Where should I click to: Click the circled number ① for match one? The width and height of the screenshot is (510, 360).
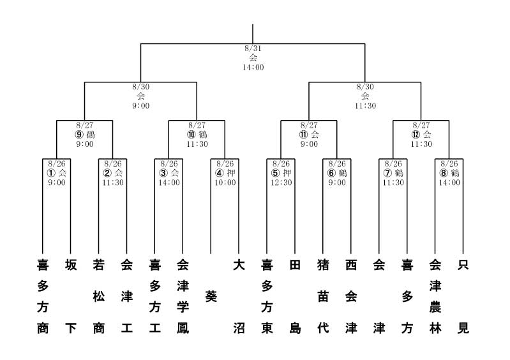point(51,173)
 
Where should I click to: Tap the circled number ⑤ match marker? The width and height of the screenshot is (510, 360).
point(276,173)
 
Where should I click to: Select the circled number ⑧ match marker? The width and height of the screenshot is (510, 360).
point(444,173)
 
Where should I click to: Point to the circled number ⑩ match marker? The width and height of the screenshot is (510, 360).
point(191,135)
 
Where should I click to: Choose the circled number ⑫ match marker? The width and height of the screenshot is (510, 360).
point(416,135)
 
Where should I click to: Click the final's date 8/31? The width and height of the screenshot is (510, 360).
point(253,49)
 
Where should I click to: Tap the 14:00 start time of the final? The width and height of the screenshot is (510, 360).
point(253,67)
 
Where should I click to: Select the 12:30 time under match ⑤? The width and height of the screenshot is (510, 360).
point(281,183)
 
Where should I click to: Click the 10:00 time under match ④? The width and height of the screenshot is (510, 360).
point(225,183)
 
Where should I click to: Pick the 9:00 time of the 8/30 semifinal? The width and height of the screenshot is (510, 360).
point(141,106)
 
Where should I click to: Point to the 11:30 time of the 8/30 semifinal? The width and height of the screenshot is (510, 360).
point(365,106)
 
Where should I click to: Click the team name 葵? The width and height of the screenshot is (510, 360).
point(211,297)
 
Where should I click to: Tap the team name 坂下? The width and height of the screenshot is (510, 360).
point(71,297)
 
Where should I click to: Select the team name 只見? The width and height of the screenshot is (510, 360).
point(463,297)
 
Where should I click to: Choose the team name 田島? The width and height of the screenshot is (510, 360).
point(295,297)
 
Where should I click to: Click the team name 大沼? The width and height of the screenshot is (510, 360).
point(239,297)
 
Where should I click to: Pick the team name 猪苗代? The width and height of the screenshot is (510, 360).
point(323,297)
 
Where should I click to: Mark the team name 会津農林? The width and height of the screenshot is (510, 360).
point(435,297)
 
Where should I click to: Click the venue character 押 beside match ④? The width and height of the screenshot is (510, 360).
point(231,173)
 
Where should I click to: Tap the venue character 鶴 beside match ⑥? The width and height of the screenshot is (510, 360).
point(343,173)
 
